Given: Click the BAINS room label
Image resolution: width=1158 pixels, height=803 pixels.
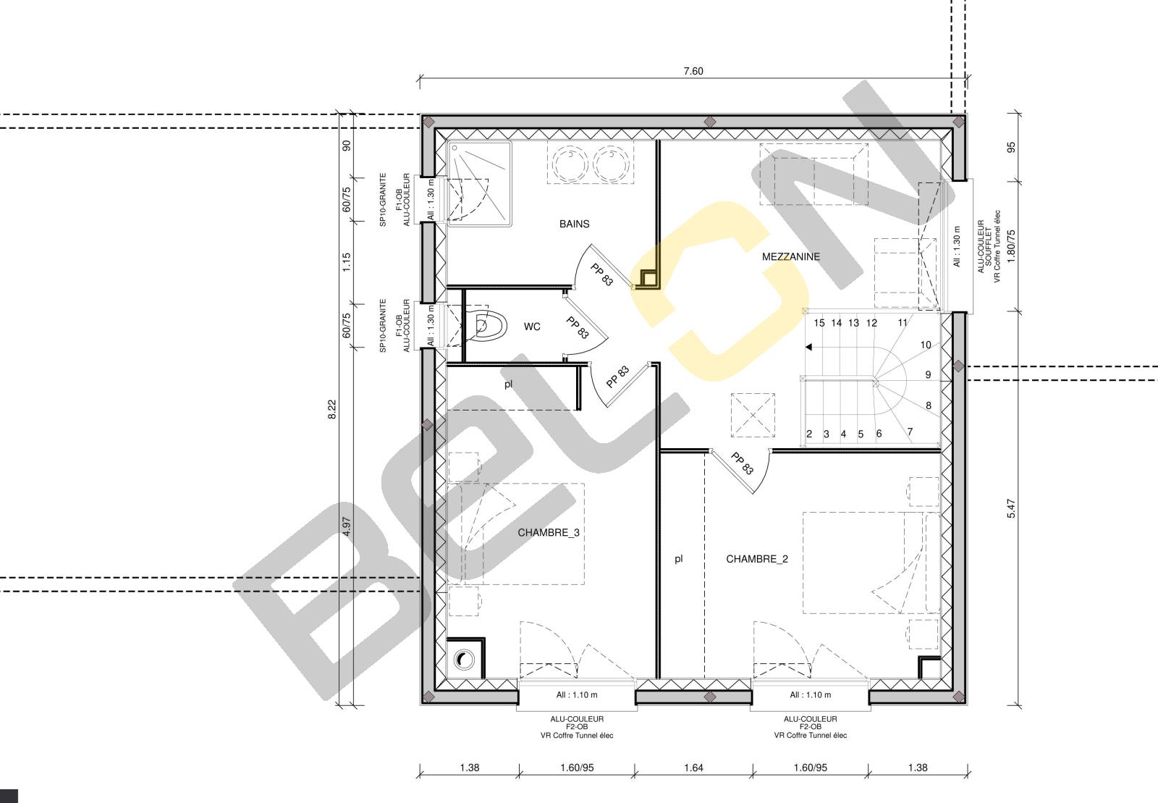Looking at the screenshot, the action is pos(574,224).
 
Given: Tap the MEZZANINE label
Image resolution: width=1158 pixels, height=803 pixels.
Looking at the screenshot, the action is pos(790,256).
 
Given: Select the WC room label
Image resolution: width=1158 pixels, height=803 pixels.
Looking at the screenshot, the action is pos(532,327).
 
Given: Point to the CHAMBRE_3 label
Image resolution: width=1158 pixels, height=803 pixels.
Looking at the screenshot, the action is pos(549,533).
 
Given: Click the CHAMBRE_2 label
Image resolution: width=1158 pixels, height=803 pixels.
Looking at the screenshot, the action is pos(757,559).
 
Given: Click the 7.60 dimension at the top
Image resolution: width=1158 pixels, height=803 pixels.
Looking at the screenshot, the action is pos(693,71).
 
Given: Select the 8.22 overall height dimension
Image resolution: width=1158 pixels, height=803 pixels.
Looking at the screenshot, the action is pos(332,410).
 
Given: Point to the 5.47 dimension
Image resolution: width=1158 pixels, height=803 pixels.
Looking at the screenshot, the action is pos(1012,508).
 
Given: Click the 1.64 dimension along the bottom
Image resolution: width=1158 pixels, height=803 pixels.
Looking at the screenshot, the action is pos(693,768).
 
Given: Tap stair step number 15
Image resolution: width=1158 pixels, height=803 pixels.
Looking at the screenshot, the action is pos(819,323).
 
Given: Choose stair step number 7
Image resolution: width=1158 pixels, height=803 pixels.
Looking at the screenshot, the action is pos(910,432).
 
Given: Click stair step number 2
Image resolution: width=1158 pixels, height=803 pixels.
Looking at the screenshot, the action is pos(809,434).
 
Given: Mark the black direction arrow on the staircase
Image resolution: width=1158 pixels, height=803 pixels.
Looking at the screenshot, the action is pos(808,347).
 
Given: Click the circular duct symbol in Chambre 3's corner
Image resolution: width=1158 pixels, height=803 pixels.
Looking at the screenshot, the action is pos(464,659).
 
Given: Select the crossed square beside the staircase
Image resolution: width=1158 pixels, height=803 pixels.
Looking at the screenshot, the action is pos(753,415).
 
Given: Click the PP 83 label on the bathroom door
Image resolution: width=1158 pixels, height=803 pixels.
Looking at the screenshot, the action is pos(601,274).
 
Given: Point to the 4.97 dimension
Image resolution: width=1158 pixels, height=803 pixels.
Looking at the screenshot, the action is pos(347,526).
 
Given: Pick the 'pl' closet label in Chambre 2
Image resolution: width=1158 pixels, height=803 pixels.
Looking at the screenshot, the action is pos(679,558).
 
